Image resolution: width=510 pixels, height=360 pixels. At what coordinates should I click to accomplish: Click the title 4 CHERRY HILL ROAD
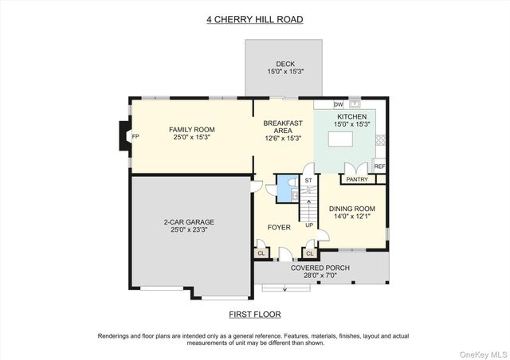pyautogui.click(x=255, y=19)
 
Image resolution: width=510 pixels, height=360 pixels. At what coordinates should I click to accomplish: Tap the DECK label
pyautogui.click(x=285, y=64)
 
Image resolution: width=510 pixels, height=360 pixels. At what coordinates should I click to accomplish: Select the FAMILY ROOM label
pyautogui.click(x=192, y=130)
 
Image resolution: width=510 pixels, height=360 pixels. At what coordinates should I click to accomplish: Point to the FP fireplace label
pyautogui.click(x=135, y=137)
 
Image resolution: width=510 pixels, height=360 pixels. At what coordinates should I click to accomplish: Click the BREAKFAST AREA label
pyautogui.click(x=283, y=127)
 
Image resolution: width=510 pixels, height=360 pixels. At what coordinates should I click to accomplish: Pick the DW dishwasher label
pyautogui.click(x=339, y=104)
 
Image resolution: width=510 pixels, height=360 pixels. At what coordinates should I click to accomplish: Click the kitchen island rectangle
pyautogui.click(x=340, y=139)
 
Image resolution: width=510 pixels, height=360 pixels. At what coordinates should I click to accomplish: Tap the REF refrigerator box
pyautogui.click(x=379, y=166)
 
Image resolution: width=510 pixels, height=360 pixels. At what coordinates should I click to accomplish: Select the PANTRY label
pyautogui.click(x=357, y=179)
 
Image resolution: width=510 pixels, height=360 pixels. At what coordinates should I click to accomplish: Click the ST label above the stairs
pyautogui.click(x=308, y=181)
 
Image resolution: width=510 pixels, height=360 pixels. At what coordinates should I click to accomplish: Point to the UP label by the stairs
pyautogui.click(x=309, y=225)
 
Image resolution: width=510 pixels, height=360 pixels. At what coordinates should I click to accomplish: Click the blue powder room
pyautogui.click(x=288, y=189)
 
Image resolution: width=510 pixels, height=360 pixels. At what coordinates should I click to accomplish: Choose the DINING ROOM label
pyautogui.click(x=352, y=209)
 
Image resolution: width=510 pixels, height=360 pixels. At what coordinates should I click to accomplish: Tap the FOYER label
pyautogui.click(x=279, y=227)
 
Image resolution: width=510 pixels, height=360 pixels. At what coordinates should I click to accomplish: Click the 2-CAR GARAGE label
pyautogui.click(x=189, y=222)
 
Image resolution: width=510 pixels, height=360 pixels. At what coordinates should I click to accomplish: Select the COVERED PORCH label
pyautogui.click(x=320, y=268)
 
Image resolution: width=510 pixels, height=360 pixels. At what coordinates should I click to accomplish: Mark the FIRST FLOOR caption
pyautogui.click(x=255, y=315)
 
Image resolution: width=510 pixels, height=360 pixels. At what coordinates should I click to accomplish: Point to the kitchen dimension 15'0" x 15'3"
pyautogui.click(x=352, y=124)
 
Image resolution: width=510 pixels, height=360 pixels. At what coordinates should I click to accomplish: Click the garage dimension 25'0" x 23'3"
pyautogui.click(x=189, y=229)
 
